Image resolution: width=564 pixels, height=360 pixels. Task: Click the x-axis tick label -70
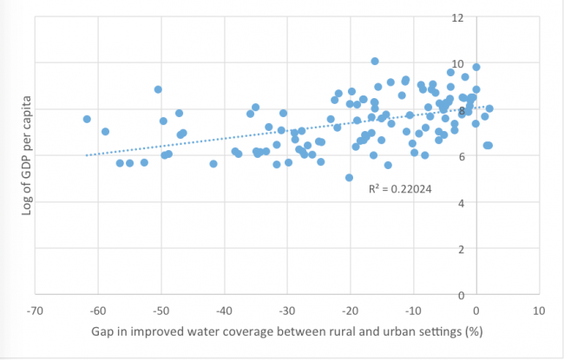(36, 310)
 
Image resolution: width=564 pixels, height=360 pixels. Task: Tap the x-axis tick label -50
(161, 310)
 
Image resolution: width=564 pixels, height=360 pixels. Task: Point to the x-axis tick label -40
(224, 310)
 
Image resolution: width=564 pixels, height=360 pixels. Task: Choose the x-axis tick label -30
(287, 310)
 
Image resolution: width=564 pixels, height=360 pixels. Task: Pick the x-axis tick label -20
(350, 310)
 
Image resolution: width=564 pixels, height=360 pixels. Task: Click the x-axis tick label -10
(413, 310)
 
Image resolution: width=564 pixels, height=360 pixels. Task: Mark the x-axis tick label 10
(539, 310)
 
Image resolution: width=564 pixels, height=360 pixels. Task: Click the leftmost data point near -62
(87, 119)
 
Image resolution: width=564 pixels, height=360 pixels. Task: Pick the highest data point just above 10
(375, 62)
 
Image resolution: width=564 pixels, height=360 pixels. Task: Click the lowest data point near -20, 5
(349, 178)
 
